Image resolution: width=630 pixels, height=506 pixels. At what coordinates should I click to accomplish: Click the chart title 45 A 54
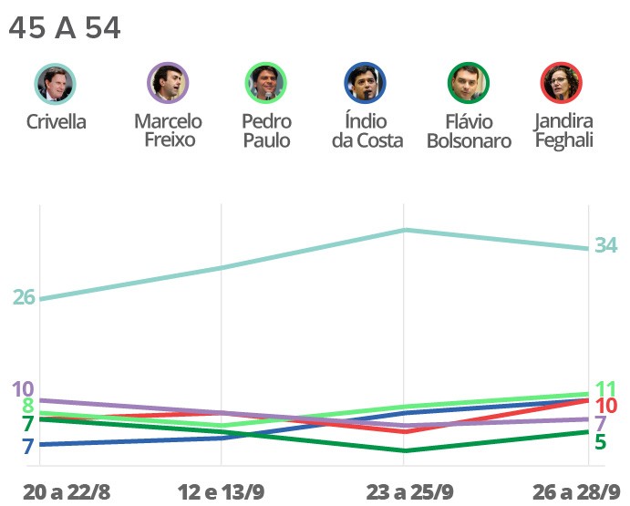point(64,28)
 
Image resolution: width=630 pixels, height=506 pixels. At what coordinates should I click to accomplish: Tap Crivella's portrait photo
point(56,84)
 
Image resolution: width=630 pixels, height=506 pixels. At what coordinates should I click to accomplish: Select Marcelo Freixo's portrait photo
point(168,84)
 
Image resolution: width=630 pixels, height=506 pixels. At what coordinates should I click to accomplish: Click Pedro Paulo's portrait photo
point(266,84)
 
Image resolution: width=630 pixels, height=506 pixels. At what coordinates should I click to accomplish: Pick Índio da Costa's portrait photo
point(367,84)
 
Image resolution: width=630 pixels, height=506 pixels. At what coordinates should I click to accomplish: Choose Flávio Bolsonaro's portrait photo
point(469,84)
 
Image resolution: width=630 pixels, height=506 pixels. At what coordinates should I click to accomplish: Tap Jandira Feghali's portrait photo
point(563,84)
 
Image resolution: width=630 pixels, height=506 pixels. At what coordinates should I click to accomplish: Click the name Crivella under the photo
point(57,121)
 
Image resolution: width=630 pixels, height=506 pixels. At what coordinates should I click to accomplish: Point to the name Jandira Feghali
point(564,130)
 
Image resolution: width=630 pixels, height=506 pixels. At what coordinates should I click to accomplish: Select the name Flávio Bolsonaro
point(469,131)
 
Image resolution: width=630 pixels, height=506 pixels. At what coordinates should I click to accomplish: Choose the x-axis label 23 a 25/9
point(409,492)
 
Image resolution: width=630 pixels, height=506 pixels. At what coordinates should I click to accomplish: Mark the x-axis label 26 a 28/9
point(577,492)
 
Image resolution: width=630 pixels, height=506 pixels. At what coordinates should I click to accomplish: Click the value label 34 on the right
point(606,245)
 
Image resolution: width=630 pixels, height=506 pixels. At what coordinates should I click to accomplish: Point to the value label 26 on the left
point(24,297)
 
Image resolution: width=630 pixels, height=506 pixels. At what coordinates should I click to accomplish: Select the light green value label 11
point(606,388)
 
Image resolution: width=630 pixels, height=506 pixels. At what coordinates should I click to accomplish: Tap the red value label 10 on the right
point(606,406)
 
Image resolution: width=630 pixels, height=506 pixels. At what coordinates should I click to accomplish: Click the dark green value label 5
point(601,441)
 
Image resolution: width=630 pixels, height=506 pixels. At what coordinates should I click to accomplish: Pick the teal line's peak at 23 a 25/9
point(404,230)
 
